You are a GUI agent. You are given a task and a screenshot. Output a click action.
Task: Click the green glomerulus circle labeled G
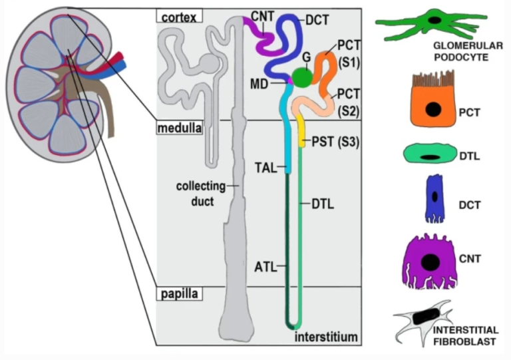point(303,78)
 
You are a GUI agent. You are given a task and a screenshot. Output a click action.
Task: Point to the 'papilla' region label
point(176,293)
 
